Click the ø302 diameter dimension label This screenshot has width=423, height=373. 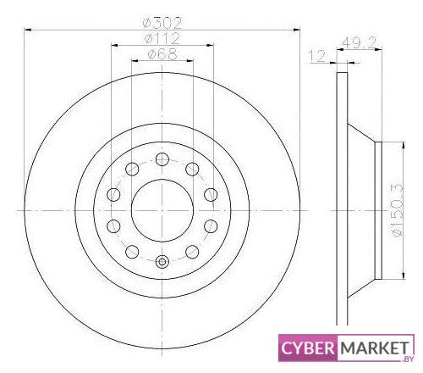[x=162, y=23]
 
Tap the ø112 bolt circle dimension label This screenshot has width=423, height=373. [x=162, y=38]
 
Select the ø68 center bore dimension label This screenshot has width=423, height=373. [x=163, y=54]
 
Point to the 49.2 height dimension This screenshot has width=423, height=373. [x=360, y=43]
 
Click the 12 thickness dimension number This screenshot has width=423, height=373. [x=317, y=56]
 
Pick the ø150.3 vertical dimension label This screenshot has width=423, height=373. [x=398, y=210]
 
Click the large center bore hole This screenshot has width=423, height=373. [x=162, y=210]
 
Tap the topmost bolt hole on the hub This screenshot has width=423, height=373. [x=162, y=159]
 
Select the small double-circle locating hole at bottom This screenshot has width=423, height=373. [x=162, y=262]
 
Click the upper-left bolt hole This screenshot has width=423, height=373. [x=132, y=170]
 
